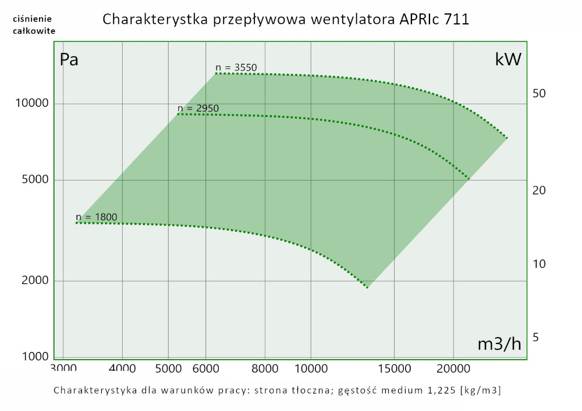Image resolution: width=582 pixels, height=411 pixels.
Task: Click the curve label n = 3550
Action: (236, 68)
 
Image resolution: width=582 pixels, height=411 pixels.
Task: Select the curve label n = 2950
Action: (198, 108)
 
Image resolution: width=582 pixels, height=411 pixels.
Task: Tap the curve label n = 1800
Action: (97, 218)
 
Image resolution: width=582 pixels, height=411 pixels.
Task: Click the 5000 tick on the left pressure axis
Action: (34, 180)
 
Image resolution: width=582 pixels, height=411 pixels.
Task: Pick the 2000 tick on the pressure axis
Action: (34, 281)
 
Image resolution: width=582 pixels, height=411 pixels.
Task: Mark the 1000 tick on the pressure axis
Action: (34, 357)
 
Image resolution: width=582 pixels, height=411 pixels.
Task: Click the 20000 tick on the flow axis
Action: (453, 369)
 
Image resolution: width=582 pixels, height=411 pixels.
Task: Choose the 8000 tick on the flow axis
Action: (265, 369)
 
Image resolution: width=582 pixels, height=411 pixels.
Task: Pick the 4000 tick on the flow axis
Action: (122, 369)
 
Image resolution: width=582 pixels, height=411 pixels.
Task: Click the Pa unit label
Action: (69, 60)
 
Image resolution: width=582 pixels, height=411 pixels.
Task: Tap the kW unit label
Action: (508, 60)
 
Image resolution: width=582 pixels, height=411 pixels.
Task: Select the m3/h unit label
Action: (499, 344)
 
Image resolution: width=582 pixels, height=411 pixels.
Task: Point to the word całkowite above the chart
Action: (34, 31)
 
